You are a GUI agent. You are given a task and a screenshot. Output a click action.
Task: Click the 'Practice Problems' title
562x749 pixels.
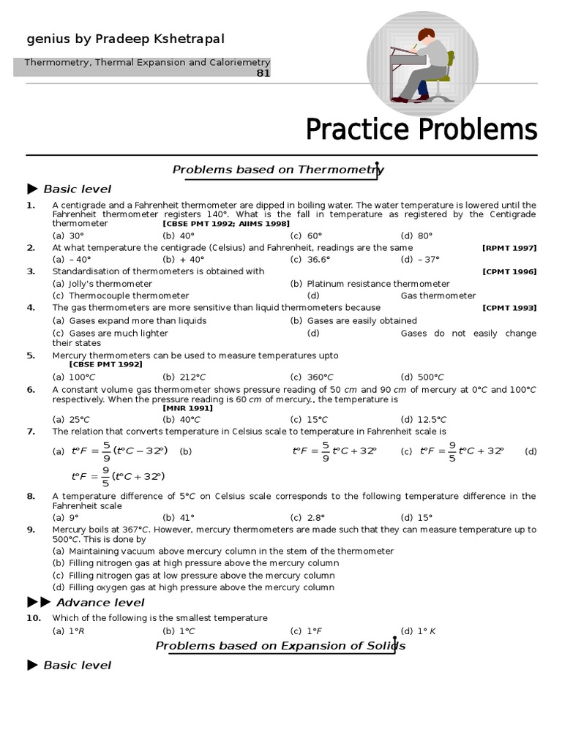pos(421,130)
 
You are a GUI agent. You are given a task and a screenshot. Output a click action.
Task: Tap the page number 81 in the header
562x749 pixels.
pos(263,73)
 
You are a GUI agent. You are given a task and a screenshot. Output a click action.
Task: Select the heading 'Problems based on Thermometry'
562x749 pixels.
pos(277,170)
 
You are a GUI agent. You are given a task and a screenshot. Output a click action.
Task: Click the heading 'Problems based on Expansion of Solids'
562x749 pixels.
pos(280,646)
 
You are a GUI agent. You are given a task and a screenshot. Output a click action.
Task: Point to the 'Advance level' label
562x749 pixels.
pos(100,603)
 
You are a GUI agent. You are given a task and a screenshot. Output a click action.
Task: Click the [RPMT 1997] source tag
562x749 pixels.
pos(509,248)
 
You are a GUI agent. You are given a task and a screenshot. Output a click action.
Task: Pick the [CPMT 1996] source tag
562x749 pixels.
pos(509,272)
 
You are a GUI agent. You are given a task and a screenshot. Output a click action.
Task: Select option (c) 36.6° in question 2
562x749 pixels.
pos(310,260)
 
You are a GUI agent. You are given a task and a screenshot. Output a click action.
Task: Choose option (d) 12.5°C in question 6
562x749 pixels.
pos(423,420)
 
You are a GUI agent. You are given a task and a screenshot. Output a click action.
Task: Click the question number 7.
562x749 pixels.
pos(31,432)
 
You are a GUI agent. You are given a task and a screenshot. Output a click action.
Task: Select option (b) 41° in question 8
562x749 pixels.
pos(179,518)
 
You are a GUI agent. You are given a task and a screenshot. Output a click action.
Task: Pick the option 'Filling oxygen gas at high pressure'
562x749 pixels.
pos(193,587)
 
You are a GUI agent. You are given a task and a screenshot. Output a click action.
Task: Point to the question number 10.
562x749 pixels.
pos(33,618)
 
